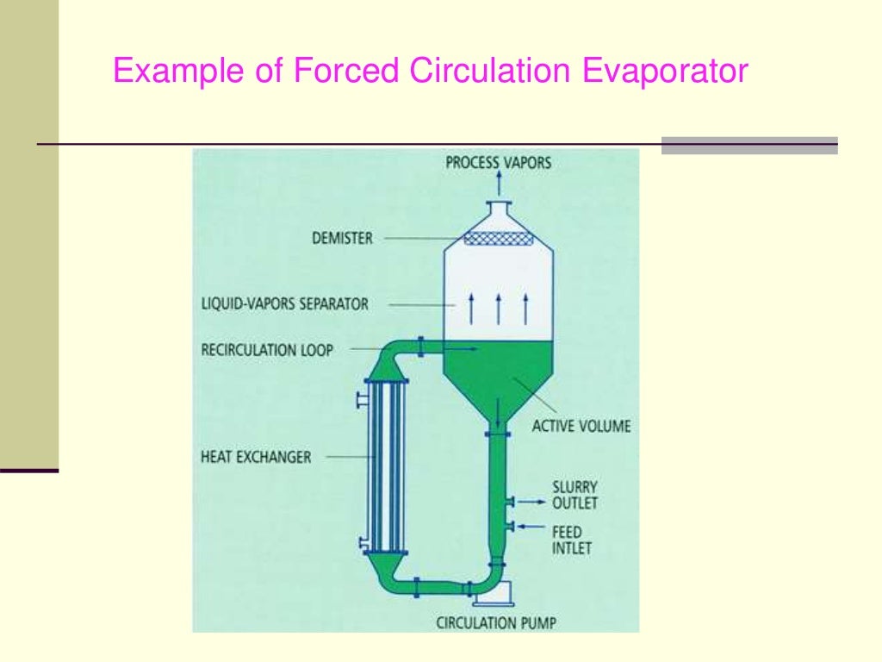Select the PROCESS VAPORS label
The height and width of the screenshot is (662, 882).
click(498, 162)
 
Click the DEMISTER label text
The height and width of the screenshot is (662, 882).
click(342, 238)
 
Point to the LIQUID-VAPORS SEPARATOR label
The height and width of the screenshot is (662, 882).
click(283, 303)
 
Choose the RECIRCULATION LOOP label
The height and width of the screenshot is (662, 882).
click(267, 350)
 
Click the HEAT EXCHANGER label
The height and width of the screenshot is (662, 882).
click(255, 457)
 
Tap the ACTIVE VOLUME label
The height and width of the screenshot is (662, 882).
click(581, 426)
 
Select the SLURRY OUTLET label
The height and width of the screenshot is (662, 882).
click(575, 495)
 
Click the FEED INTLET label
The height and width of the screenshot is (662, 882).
click(572, 540)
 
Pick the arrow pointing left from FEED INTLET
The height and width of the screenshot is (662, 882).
click(532, 525)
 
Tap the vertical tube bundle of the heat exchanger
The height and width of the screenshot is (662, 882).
click(386, 465)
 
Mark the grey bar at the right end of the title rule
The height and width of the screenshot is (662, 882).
click(749, 146)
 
